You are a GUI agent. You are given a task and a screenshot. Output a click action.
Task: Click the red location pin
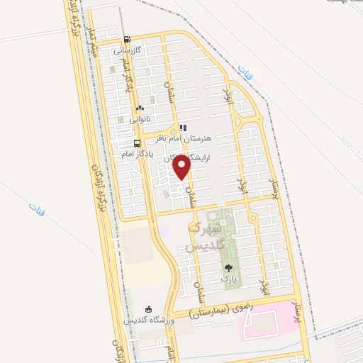tap(182, 166)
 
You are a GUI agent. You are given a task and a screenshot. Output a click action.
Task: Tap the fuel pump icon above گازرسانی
tap(127, 40)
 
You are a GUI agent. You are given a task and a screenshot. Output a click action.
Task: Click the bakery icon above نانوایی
tap(139, 108)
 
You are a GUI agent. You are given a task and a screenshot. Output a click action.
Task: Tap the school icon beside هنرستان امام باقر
tap(183, 128)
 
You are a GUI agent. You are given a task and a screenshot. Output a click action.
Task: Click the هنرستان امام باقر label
tap(208, 140)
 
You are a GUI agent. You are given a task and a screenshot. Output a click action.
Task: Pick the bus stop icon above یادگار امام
tap(127, 142)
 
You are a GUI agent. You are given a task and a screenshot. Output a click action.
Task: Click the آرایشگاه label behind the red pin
tap(160, 160)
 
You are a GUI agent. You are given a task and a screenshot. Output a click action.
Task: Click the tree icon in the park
tap(228, 268)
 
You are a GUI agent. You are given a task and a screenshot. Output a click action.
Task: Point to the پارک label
tap(228, 280)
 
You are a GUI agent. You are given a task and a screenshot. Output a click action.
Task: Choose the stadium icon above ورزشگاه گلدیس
tap(148, 308)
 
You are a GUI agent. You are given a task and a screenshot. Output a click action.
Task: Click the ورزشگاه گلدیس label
tap(150, 320)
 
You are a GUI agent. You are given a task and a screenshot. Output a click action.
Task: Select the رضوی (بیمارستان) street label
tap(219, 308)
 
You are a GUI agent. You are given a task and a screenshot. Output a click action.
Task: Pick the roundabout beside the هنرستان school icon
tap(170, 130)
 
